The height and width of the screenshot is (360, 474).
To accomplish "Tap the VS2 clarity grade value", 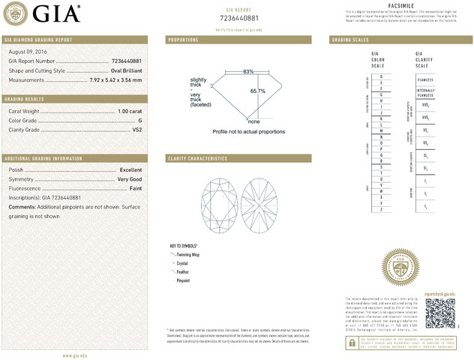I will (x=136, y=129).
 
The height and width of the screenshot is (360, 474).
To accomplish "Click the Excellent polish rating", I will (x=130, y=170).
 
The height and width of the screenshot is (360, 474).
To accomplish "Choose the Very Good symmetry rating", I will (x=129, y=179).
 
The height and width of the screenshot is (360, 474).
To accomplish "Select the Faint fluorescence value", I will (x=135, y=188).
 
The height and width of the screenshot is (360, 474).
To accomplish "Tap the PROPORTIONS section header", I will (x=184, y=39).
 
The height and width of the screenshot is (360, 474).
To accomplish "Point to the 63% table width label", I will (x=248, y=72).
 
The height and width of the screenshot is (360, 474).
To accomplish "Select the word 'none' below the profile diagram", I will (x=253, y=121).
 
